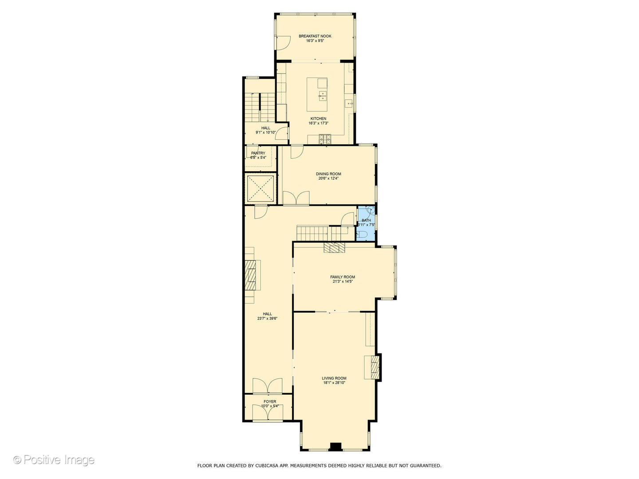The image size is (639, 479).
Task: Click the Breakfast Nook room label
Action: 315,36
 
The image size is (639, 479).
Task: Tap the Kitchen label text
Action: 318,119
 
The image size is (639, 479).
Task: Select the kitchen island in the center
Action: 317,95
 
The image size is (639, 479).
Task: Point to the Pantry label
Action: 258,153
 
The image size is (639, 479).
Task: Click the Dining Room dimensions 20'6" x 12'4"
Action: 328,179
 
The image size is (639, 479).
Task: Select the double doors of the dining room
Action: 296,198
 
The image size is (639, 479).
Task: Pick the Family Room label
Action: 343,277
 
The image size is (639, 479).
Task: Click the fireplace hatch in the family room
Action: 334,247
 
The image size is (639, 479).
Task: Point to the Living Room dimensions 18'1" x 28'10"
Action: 334,383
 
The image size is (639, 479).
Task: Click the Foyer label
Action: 270,402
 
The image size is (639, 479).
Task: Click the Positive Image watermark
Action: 54,460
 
